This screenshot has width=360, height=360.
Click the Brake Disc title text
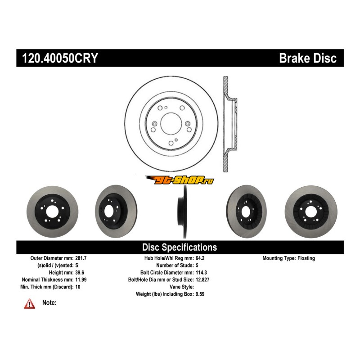(307, 58)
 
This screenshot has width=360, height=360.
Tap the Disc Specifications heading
(180, 247)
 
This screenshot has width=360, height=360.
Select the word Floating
(306, 258)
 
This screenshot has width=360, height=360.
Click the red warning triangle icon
(30, 304)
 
